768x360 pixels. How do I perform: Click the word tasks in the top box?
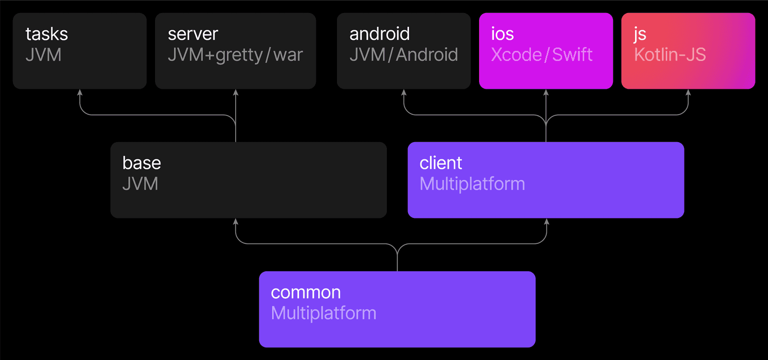47,34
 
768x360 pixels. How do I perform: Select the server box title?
193,34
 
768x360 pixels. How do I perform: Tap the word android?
379,34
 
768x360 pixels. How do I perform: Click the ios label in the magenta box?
502,34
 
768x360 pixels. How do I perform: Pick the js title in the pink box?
640,35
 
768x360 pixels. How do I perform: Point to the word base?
142,163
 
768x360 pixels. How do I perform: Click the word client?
441,163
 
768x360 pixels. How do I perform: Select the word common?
306,292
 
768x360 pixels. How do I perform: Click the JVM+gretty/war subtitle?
235,55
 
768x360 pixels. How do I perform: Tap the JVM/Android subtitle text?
403,55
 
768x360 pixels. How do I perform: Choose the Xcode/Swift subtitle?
541,55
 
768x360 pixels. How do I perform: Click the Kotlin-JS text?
670,55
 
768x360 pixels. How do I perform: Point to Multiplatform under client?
472,184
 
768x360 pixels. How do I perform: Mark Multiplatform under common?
324,313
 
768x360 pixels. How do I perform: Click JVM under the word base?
140,184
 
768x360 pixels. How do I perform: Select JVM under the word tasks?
43,55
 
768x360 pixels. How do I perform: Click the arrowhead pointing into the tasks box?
80,92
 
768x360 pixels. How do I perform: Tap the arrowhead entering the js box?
688,92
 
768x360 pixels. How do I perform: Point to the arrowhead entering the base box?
235,221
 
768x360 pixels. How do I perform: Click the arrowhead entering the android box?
404,92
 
